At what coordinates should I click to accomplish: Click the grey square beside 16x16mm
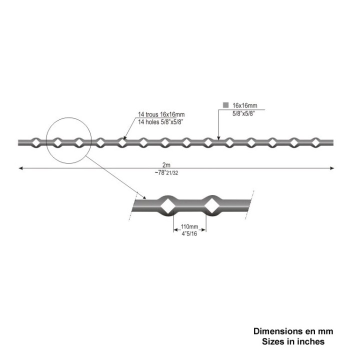pos(226,105)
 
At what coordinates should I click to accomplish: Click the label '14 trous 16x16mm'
pos(161,114)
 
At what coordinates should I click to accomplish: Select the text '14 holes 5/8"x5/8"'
pos(160,121)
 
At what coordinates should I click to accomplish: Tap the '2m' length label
pos(166,165)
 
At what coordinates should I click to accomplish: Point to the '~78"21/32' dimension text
pos(166,172)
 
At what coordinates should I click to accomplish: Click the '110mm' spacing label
pos(189,226)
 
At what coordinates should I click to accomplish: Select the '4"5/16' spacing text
pos(189,233)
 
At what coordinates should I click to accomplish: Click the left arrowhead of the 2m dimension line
pos(20,168)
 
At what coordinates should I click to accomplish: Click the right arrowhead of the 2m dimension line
pos(332,168)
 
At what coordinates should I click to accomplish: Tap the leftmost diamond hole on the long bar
pos(36,143)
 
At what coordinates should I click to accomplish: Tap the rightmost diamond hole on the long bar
pos(315,142)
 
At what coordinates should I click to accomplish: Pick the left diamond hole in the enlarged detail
pos(167,206)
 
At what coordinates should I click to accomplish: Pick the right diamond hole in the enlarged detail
pos(211,206)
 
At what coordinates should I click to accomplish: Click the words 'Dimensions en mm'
pos(293,331)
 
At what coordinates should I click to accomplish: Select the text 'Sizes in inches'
pos(293,341)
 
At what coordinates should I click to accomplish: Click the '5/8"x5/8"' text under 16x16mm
pos(243,113)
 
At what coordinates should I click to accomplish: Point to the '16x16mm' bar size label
pos(244,105)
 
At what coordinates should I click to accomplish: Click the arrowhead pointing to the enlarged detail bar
pos(144,197)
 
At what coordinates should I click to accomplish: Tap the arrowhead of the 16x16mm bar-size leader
pos(218,138)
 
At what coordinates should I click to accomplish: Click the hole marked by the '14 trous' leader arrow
pos(122,143)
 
